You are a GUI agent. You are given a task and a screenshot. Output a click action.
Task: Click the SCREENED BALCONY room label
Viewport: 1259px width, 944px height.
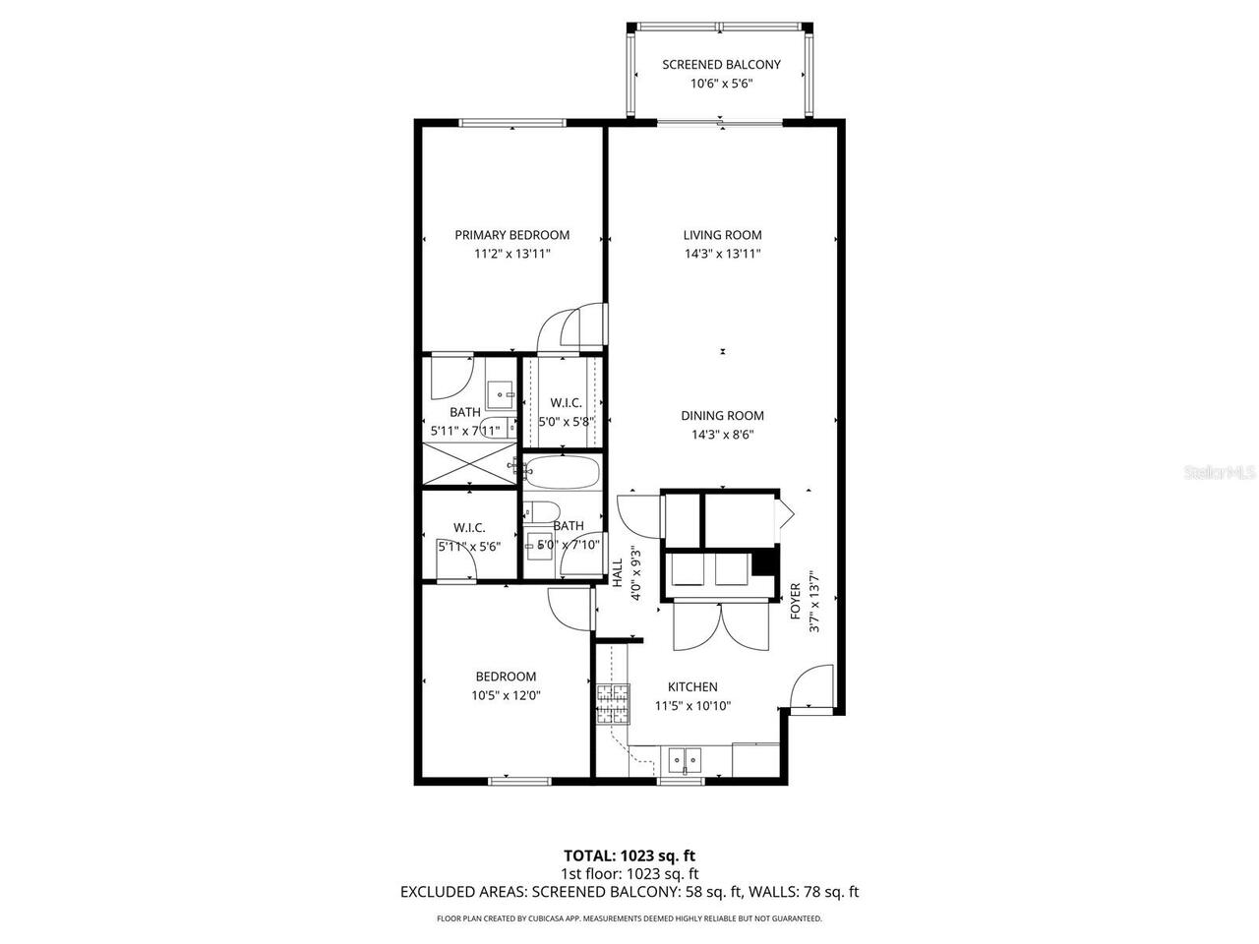click(x=721, y=65)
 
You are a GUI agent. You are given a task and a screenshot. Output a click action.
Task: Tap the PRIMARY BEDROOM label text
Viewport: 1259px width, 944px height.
click(x=511, y=235)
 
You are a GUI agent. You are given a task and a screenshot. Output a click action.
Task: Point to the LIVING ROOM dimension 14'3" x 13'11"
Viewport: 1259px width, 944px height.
click(x=722, y=254)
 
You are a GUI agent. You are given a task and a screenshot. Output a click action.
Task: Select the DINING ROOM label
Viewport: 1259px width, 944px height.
click(x=722, y=416)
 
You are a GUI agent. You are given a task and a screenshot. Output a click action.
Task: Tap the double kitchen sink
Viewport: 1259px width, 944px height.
click(x=684, y=759)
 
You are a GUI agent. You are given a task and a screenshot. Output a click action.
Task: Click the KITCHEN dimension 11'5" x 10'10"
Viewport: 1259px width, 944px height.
click(x=692, y=705)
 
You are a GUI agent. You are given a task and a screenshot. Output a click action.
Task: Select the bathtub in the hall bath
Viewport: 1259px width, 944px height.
click(x=562, y=473)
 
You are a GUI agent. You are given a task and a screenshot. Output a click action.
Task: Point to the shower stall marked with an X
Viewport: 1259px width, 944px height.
click(x=469, y=464)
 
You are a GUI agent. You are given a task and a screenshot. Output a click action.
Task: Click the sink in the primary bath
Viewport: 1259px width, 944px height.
click(x=502, y=393)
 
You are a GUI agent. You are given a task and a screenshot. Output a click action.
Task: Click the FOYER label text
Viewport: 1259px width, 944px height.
click(x=796, y=601)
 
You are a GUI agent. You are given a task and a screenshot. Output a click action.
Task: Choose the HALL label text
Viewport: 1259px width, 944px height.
click(x=618, y=573)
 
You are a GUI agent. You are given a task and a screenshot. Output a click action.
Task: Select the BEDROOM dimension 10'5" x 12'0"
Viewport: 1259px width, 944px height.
click(x=506, y=695)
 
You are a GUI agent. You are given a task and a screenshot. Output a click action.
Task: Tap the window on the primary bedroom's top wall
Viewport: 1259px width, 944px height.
click(x=512, y=123)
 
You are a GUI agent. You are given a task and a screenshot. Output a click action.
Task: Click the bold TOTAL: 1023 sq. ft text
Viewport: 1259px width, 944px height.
click(x=629, y=855)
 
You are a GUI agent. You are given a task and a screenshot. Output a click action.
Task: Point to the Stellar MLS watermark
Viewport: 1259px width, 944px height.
click(x=1220, y=472)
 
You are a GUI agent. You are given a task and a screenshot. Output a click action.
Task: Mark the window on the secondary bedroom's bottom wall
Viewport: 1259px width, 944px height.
click(x=519, y=781)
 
